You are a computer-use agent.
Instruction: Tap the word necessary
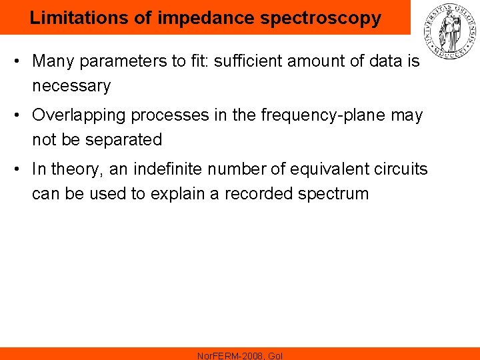coord(71,86)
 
